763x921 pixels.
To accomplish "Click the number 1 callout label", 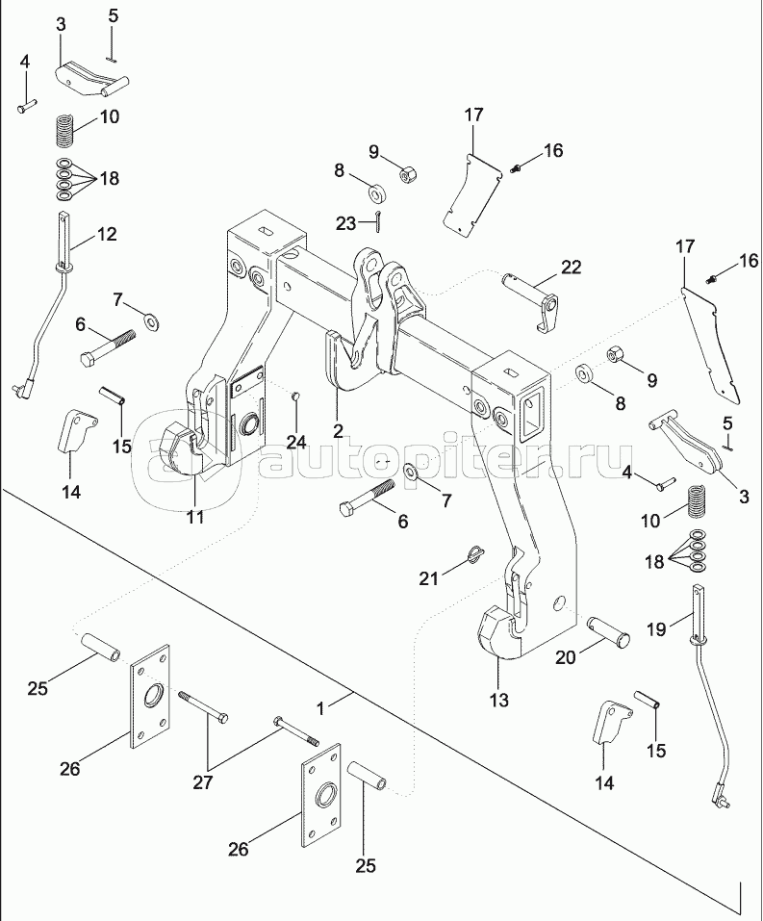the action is (x=320, y=709).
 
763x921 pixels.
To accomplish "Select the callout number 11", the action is (x=194, y=517).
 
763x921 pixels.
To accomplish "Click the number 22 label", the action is (x=571, y=268).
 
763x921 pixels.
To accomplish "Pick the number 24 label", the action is (x=297, y=442).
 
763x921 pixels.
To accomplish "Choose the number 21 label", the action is (x=429, y=578).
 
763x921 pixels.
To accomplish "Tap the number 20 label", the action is (x=566, y=657).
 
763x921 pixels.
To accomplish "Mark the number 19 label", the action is (x=656, y=629).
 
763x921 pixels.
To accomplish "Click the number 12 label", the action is (x=107, y=234).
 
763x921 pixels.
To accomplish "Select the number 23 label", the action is (x=346, y=223).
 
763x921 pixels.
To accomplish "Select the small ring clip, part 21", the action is (x=475, y=553).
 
